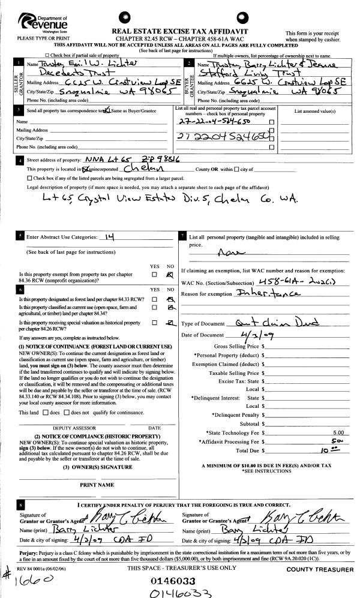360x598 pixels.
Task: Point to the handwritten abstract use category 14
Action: point(109,236)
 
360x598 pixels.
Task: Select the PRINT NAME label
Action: point(97,484)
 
